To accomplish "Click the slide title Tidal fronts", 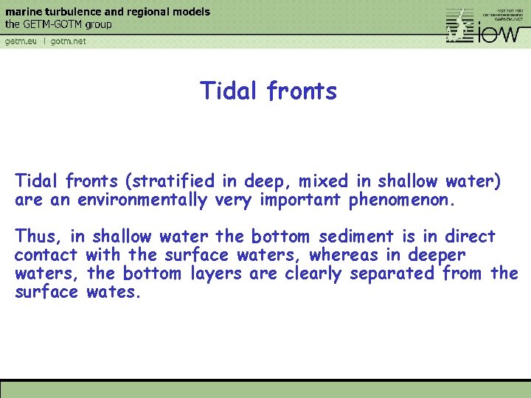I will [268, 91].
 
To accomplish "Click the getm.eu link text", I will [21, 41].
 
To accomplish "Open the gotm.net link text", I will [69, 41].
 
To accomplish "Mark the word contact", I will [46, 255].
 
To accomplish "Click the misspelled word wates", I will [113, 292].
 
